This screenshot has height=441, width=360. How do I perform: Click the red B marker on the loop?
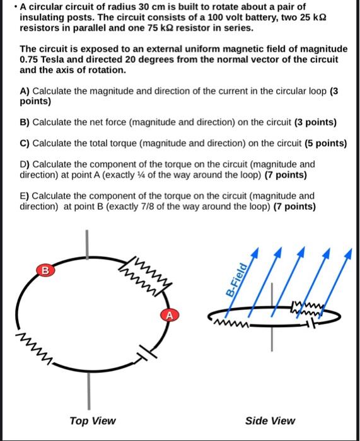pyautogui.click(x=44, y=271)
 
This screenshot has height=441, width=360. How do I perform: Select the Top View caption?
pyautogui.click(x=93, y=421)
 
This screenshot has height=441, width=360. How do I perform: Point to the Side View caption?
pyautogui.click(x=270, y=421)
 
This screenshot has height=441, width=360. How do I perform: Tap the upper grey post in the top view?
pyautogui.click(x=88, y=242)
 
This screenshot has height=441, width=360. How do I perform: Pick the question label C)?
pyautogui.click(x=25, y=143)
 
